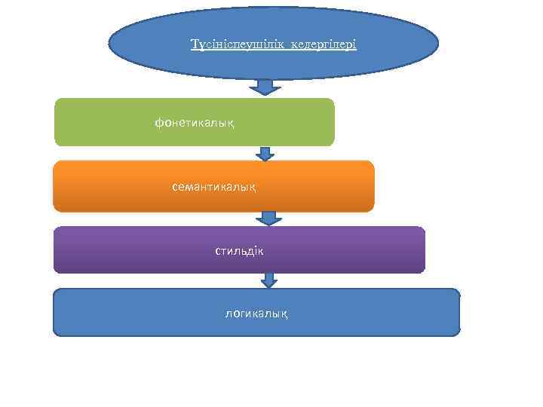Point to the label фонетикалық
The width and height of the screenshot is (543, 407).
[194, 122]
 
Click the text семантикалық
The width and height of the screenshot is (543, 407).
[213, 185]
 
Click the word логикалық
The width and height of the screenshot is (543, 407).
[256, 312]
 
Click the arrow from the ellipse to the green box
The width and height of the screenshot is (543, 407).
[265, 87]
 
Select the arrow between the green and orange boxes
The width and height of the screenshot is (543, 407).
[265, 154]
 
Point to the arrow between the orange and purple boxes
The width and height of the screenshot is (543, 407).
[268, 218]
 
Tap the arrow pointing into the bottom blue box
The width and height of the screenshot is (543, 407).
[269, 280]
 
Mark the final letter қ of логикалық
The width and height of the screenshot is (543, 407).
[284, 313]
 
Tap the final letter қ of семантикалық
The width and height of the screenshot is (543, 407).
[252, 186]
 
